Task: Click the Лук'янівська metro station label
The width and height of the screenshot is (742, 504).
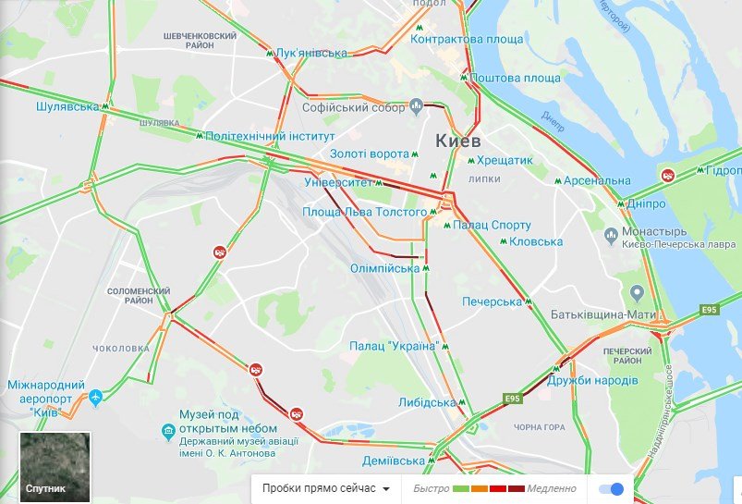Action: (x=310, y=54)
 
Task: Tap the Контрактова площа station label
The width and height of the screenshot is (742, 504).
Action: (x=466, y=40)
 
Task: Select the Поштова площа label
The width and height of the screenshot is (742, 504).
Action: (x=515, y=79)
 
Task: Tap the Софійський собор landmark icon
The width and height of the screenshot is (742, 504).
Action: (x=416, y=104)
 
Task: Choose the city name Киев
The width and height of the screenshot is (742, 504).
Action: (x=457, y=141)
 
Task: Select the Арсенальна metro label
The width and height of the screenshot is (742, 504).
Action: (x=597, y=180)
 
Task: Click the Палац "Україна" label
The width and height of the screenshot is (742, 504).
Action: (x=393, y=346)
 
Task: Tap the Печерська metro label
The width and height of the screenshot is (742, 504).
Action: (x=493, y=302)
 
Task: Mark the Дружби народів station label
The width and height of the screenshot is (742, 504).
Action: (x=592, y=381)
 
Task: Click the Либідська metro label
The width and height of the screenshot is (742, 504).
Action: (x=427, y=403)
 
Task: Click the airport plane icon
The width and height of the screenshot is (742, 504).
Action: (x=95, y=397)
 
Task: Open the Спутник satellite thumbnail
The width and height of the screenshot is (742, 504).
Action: (x=55, y=467)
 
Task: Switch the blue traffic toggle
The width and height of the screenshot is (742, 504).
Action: (x=611, y=489)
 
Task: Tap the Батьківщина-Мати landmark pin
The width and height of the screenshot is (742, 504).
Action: (x=637, y=293)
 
